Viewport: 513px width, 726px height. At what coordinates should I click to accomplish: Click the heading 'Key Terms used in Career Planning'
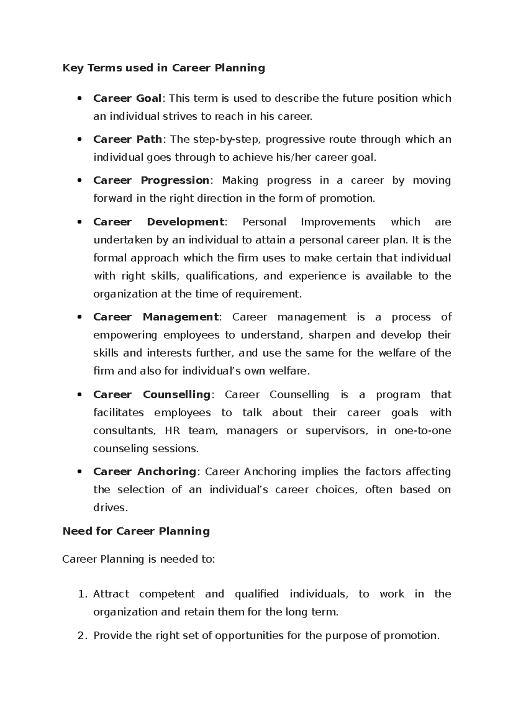(164, 68)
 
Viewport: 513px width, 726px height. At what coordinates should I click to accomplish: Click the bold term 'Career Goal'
(127, 98)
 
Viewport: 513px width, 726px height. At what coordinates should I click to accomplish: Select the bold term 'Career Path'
(127, 139)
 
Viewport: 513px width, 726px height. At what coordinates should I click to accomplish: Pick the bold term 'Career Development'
(158, 222)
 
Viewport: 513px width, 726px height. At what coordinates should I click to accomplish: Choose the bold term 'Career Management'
(156, 317)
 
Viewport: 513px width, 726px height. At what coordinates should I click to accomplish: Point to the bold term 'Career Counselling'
(152, 394)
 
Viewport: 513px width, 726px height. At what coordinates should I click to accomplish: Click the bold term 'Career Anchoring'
(144, 472)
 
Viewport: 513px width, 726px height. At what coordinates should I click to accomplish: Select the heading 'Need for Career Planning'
(136, 531)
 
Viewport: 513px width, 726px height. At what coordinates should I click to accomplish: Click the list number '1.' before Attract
(83, 594)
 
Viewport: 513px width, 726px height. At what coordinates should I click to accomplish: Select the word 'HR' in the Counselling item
(171, 431)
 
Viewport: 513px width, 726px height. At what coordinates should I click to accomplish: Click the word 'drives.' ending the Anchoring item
(110, 508)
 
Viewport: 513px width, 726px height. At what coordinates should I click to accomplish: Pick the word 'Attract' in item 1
(111, 594)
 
